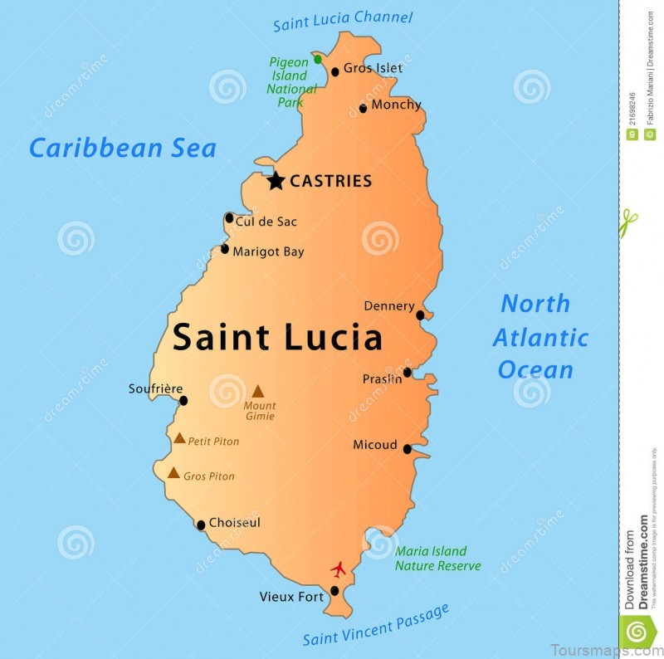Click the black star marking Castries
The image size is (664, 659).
coord(276,180)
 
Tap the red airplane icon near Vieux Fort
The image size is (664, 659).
coord(338,569)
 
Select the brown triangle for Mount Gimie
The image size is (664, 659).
coord(258,391)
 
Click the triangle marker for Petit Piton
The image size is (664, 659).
coord(179,438)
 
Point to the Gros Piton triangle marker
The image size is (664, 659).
coord(173,473)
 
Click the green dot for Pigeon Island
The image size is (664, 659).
coord(318,60)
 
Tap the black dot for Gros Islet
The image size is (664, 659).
coord(335,71)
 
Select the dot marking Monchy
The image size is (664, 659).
coord(363,108)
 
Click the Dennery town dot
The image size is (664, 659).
coord(420,315)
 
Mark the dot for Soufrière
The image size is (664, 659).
coord(183,401)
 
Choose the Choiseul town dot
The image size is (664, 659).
coord(201,525)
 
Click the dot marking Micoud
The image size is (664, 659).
coord(407,449)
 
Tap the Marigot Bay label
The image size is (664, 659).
coord(268,251)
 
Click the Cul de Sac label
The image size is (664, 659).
coord(266,222)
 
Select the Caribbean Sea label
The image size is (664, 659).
coord(122,149)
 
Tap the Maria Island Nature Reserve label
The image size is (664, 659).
coord(437,559)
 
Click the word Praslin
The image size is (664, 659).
coord(382,378)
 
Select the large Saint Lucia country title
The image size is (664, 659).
coord(277,338)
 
